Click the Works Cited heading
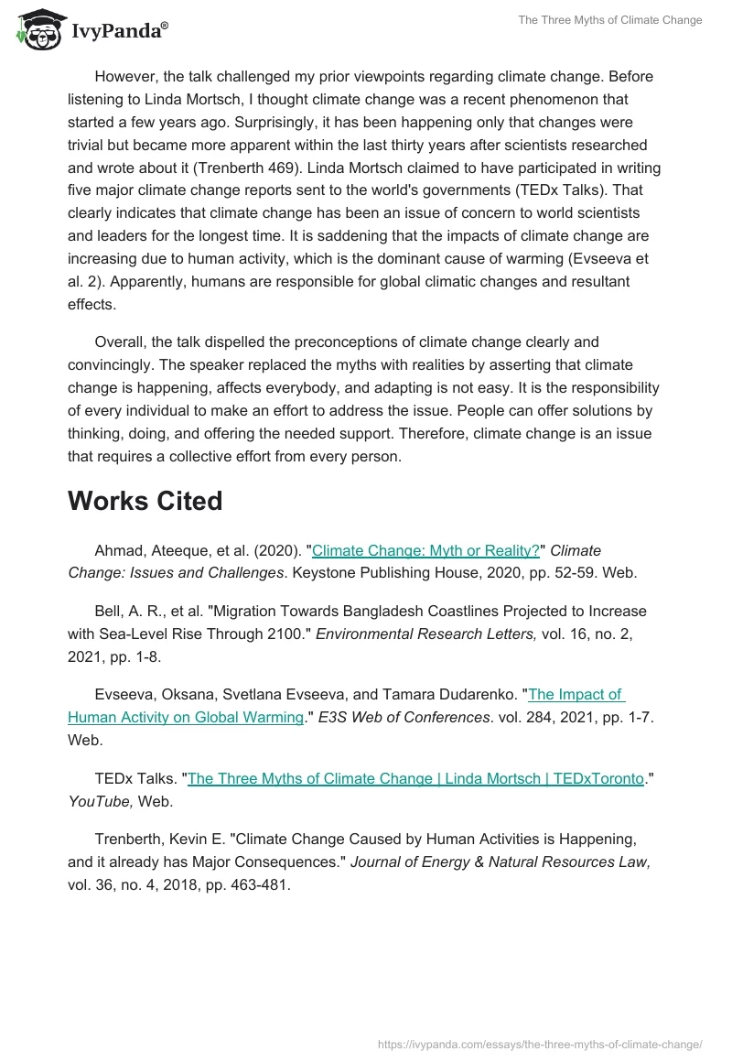click(x=145, y=501)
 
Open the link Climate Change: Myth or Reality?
click(x=425, y=550)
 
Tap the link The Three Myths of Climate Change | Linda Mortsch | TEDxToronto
click(x=415, y=778)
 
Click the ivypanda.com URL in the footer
click(x=540, y=1044)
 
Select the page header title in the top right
click(x=610, y=20)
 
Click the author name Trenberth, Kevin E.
click(x=162, y=839)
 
